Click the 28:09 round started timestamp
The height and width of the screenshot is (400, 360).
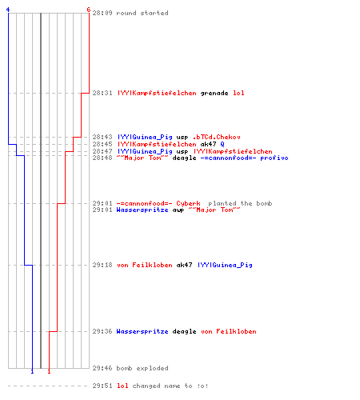pos(102,13)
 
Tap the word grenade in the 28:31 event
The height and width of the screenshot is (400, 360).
pos(214,93)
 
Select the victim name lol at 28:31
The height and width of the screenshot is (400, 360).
pos(238,93)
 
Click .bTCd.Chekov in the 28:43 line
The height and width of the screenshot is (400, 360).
pos(216,137)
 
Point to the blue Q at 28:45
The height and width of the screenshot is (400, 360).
pos(222,144)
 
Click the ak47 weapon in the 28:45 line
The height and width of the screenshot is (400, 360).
pos(208,144)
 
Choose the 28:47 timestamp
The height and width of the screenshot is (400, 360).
pos(102,151)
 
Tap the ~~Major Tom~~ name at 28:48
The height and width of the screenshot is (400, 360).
pos(142,158)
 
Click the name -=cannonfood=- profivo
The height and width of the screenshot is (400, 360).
pos(244,158)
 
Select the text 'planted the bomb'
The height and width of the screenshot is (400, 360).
pos(240,203)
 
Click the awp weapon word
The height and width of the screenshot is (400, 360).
pos(178,210)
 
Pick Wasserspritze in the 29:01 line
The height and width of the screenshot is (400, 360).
pos(142,210)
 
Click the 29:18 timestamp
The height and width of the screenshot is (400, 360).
pos(102,265)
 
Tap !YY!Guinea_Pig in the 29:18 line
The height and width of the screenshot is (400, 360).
pos(225,265)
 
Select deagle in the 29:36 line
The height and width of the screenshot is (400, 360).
pos(184,331)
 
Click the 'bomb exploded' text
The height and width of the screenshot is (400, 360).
pos(142,368)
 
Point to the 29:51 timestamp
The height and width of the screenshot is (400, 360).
pos(102,386)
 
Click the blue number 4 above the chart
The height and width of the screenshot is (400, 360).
pos(8,10)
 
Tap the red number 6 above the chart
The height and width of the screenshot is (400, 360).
pos(89,10)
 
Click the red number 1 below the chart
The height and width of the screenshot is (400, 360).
pos(49,371)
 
